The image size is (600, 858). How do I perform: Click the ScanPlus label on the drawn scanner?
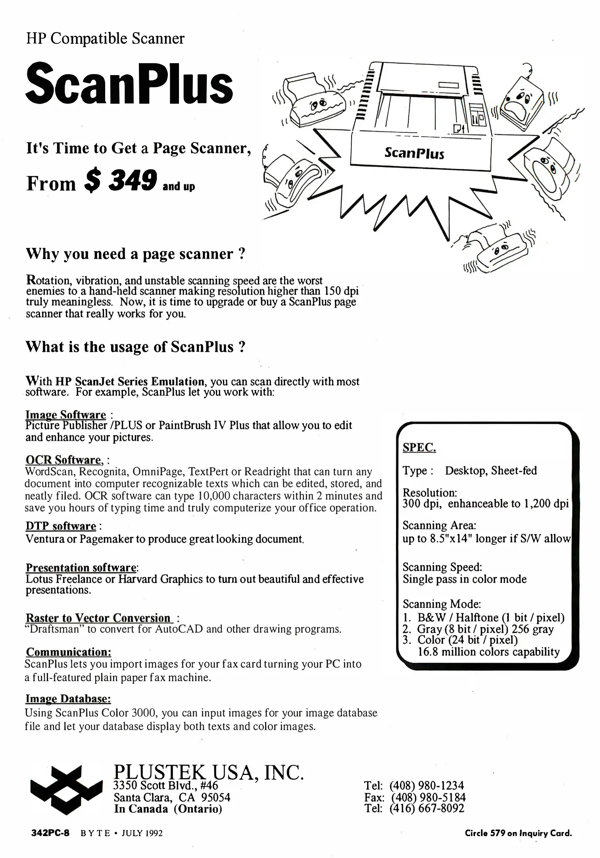click(x=414, y=153)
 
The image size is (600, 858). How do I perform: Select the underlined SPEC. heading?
click(x=419, y=448)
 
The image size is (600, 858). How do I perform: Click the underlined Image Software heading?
click(x=66, y=415)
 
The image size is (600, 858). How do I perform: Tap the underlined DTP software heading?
click(x=61, y=526)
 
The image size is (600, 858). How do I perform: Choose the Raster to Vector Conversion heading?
click(x=98, y=618)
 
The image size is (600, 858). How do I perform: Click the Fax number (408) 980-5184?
click(x=429, y=797)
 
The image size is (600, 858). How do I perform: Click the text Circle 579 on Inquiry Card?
click(x=518, y=833)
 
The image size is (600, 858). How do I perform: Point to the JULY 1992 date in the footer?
click(x=142, y=833)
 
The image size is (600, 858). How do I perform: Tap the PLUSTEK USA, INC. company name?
click(x=208, y=772)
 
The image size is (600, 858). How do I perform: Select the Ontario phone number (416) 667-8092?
click(x=427, y=808)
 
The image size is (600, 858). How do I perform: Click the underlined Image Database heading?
click(x=68, y=699)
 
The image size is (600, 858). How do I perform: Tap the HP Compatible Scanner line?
click(x=105, y=39)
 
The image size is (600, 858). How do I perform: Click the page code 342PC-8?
click(x=50, y=833)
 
